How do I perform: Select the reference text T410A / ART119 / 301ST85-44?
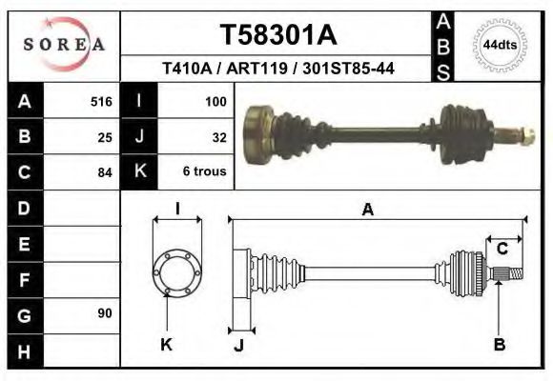[278, 69]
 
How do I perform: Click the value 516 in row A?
[101, 101]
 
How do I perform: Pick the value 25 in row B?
[105, 136]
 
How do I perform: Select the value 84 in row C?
[105, 172]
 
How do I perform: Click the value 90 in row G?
[105, 312]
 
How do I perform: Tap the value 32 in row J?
[218, 136]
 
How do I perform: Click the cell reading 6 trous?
[205, 172]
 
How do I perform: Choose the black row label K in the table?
[139, 172]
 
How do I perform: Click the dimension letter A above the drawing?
[367, 211]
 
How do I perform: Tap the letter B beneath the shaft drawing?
[499, 345]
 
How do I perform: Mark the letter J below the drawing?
[238, 345]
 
